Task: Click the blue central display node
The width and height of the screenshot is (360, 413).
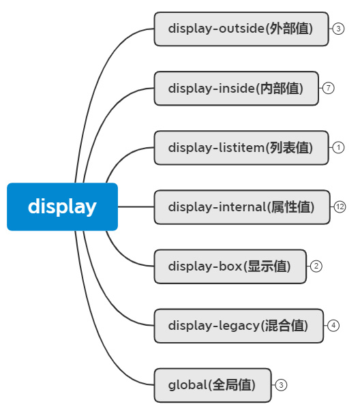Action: point(62,206)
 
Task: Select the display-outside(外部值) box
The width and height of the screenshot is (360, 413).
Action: point(241,29)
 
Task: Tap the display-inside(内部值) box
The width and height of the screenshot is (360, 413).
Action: point(236,89)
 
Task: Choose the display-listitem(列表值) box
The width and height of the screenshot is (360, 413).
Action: point(241,148)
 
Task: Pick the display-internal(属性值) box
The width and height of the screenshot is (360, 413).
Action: point(241,207)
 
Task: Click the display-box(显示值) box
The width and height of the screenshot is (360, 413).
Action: point(230,266)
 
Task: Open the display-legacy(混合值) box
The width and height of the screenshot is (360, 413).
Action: point(238,326)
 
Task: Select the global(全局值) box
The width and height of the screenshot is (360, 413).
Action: point(212,385)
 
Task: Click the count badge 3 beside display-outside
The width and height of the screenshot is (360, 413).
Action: point(338,29)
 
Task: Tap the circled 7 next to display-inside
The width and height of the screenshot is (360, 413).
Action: point(329,89)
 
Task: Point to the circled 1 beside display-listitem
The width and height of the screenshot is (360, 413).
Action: point(339,148)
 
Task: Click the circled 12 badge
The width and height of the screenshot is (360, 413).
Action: point(340,207)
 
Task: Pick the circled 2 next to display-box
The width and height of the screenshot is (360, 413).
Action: point(316,266)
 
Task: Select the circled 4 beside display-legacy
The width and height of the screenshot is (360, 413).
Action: point(333,326)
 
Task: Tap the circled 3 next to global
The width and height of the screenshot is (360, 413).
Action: point(282,385)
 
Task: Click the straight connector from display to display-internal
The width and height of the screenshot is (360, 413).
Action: point(136,206)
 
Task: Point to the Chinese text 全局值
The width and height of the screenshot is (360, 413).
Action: point(233,385)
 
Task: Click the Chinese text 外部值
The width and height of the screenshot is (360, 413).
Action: point(291,29)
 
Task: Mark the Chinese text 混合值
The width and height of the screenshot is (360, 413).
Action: point(286,326)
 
